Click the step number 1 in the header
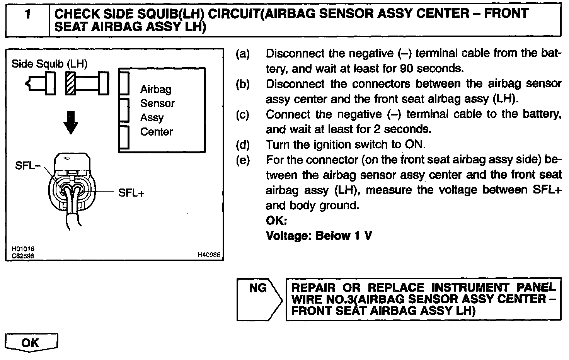27,15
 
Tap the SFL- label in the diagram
28,166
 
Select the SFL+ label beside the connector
131,193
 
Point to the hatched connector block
70,83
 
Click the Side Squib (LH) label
49,64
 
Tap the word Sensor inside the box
157,104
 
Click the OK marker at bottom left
31,342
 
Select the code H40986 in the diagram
209,255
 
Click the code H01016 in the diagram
23,249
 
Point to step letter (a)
243,54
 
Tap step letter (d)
243,145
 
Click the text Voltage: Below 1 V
319,236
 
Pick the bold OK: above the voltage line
276,221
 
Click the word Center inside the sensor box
156,132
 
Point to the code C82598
23,255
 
